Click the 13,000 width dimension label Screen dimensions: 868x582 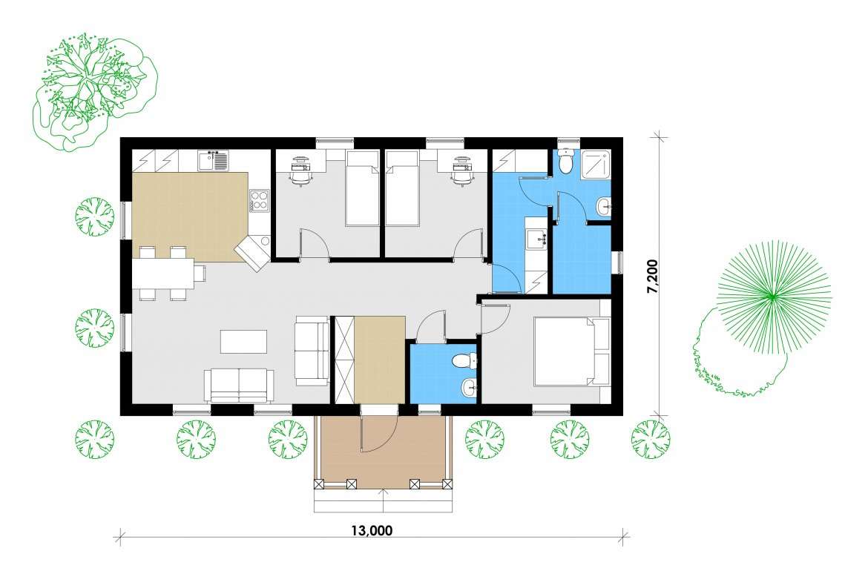(372, 531)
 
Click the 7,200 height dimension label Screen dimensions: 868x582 (653, 276)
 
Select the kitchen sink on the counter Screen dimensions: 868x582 (213, 160)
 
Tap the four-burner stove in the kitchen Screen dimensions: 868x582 (258, 200)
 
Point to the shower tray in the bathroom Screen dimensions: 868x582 (595, 165)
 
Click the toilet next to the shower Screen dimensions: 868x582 (566, 161)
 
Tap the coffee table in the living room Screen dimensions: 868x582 (243, 341)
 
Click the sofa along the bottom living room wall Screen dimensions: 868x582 (239, 386)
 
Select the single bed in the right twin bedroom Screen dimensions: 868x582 (402, 188)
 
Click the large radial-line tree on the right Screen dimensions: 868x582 (773, 296)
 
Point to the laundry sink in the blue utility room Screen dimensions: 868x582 (536, 239)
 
